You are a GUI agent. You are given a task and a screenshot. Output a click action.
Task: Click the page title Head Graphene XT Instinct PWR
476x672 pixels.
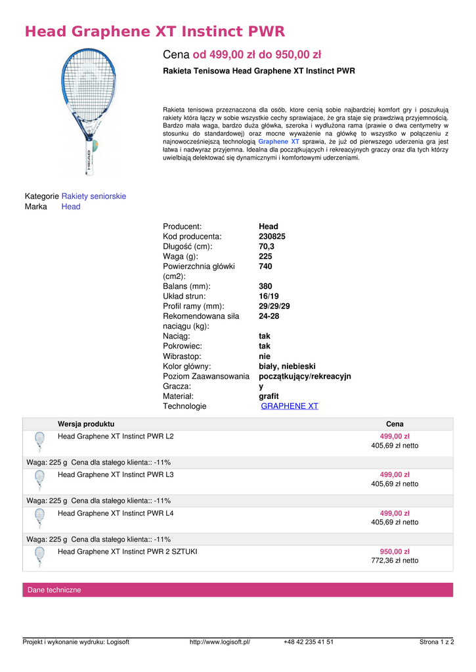[154, 31]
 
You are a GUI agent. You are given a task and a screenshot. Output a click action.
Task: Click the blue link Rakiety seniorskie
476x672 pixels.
[94, 196]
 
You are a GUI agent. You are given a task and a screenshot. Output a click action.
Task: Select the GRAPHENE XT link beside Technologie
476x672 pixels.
[290, 406]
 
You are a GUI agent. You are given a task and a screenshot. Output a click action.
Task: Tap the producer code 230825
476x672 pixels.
[272, 236]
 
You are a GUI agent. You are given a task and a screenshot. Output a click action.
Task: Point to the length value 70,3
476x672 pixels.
[267, 247]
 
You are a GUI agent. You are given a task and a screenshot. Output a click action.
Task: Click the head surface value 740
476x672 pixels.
[265, 266]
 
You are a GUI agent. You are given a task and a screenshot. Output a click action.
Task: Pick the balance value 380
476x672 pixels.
[265, 286]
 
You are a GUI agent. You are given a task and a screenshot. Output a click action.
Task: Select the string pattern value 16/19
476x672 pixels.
[269, 296]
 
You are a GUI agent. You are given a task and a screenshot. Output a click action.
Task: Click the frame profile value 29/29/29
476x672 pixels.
[274, 306]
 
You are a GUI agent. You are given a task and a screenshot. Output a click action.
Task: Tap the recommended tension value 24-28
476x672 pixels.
[269, 316]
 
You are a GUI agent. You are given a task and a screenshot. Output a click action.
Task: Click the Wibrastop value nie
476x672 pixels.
[265, 356]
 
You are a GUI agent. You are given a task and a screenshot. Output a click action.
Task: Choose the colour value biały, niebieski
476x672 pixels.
[287, 366]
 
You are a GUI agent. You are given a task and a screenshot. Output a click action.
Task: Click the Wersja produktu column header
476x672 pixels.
[86, 424]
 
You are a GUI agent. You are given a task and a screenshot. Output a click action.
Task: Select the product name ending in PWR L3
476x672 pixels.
[116, 474]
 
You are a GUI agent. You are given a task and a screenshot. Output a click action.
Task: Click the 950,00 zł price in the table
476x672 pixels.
[395, 551]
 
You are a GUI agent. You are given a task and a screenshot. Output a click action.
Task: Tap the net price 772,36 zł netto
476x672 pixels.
[395, 561]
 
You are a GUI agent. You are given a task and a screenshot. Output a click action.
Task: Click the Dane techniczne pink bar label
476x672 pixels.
[54, 590]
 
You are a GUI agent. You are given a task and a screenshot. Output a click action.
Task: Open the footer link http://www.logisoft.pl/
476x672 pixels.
[220, 642]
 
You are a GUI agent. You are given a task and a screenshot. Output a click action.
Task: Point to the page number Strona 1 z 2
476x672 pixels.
[437, 642]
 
